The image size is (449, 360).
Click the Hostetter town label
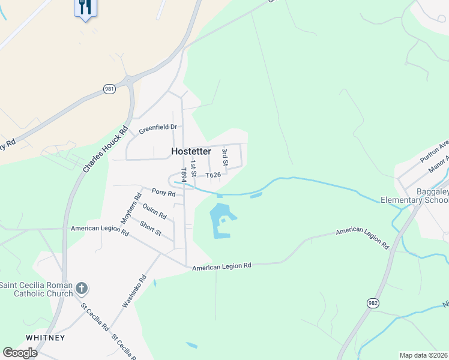(191, 152)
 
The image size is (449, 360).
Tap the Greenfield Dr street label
(158, 128)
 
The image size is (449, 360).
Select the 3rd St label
(225, 157)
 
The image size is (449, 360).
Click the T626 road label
(214, 175)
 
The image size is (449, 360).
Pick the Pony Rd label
(163, 193)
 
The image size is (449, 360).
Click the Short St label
(150, 227)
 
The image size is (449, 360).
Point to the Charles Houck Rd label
(106, 150)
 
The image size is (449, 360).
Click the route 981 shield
(109, 89)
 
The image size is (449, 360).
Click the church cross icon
(82, 290)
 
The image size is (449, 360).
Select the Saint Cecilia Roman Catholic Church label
(36, 289)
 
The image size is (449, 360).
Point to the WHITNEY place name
(45, 338)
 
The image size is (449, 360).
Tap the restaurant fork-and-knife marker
(85, 7)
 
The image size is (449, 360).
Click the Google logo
(20, 353)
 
